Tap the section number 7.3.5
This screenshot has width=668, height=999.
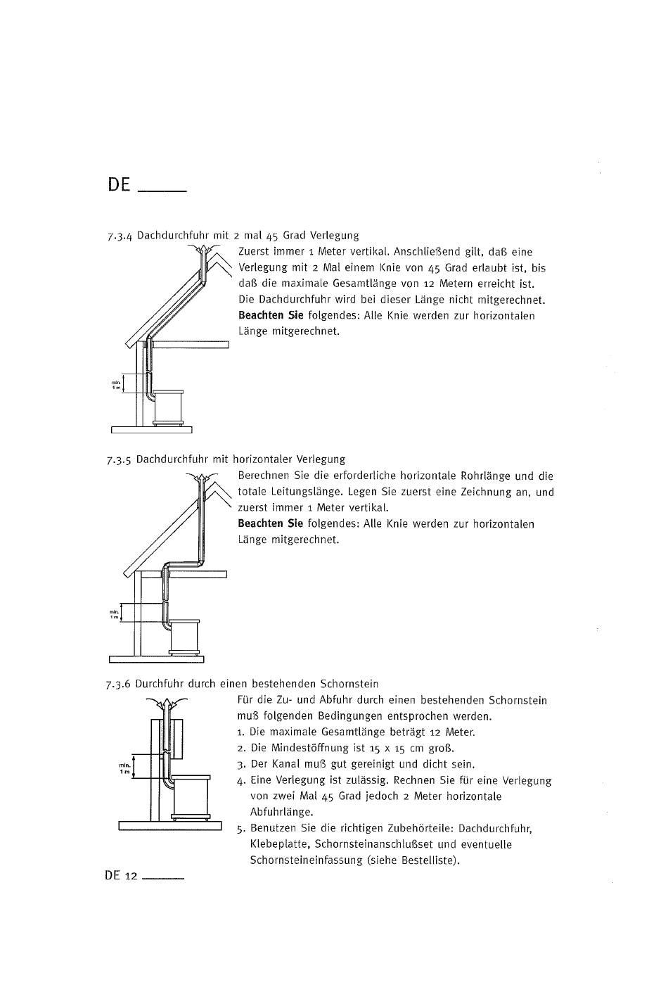[x=120, y=460]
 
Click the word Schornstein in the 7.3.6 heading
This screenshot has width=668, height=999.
[x=349, y=683]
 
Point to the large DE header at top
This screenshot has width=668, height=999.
[x=120, y=185]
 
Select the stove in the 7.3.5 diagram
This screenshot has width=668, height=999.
[x=185, y=636]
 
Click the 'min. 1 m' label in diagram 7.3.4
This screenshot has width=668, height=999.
[x=116, y=385]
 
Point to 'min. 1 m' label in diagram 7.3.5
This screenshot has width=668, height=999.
[x=114, y=614]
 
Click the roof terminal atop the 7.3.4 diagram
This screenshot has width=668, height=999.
[x=202, y=251]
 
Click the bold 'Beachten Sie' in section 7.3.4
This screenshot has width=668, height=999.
[x=271, y=315]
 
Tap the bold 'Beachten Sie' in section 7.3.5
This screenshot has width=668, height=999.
[x=270, y=523]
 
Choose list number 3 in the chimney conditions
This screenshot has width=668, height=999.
[x=240, y=765]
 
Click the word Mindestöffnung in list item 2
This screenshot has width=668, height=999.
[x=310, y=748]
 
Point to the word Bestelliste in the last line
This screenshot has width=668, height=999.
[x=428, y=860]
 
